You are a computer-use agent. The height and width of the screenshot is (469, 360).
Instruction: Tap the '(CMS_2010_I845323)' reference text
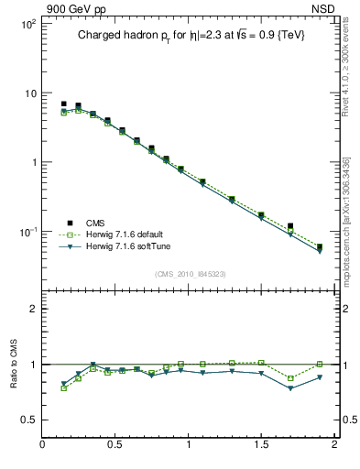[x=190, y=274]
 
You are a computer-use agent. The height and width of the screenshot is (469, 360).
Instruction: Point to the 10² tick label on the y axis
[x=27, y=25]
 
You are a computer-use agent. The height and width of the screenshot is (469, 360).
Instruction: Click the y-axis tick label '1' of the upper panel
[x=33, y=162]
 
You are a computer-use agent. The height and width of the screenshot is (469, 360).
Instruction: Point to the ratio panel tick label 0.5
[x=28, y=420]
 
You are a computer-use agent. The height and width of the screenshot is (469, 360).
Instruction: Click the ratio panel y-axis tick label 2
[x=33, y=309]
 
